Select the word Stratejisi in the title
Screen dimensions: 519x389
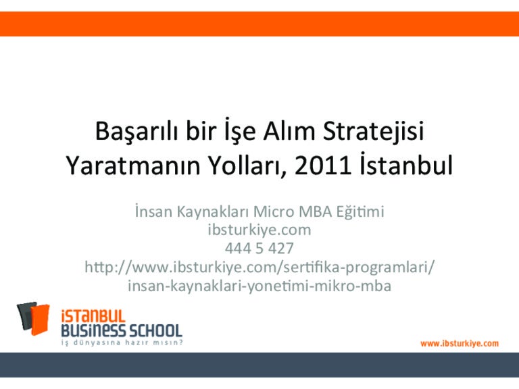(x=373, y=132)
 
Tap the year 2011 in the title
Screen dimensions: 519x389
(x=323, y=165)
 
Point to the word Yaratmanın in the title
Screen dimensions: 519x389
(x=133, y=165)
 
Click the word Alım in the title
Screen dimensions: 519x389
(x=289, y=131)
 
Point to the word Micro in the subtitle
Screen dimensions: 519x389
(x=274, y=211)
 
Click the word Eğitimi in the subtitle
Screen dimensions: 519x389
(x=360, y=212)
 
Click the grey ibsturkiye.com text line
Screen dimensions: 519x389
(x=259, y=230)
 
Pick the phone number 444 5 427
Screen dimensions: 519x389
(x=259, y=248)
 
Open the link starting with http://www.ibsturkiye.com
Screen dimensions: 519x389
(x=259, y=267)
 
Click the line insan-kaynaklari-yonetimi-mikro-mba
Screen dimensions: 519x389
(x=259, y=286)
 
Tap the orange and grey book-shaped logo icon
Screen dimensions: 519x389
(x=33, y=318)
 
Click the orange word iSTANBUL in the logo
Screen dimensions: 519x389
(x=93, y=316)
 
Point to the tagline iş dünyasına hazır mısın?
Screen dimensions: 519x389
(x=122, y=342)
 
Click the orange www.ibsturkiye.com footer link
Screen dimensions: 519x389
(x=460, y=344)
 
